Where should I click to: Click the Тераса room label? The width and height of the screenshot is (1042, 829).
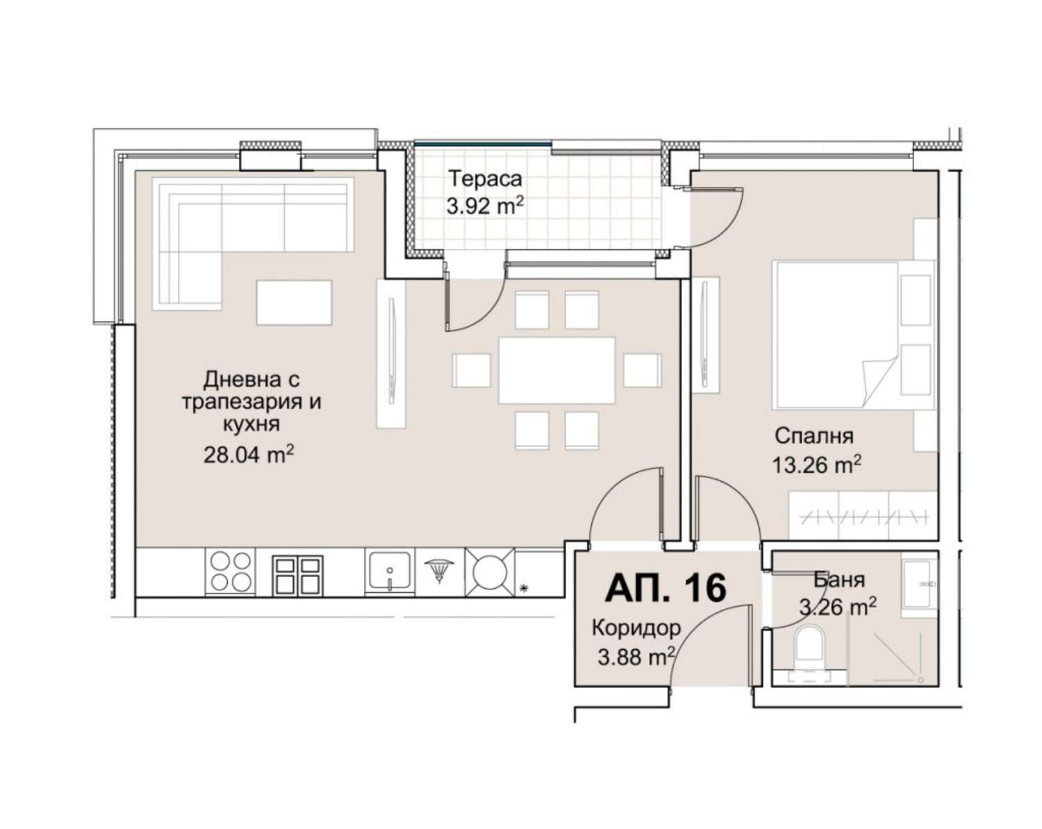pos(485,178)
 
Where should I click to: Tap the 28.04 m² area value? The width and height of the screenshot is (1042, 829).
pos(249,455)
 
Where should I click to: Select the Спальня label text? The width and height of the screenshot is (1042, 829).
pos(814,436)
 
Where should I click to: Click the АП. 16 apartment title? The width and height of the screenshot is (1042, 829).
pos(666,587)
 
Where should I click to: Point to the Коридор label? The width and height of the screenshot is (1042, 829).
pos(636,628)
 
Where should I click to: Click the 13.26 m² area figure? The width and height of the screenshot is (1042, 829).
pos(816,465)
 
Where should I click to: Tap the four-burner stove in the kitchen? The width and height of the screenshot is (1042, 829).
pos(231,571)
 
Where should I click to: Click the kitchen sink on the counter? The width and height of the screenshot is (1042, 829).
pos(390,571)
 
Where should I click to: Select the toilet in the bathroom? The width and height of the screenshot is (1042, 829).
pos(810,650)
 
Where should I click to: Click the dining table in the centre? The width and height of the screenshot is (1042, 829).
pos(557,370)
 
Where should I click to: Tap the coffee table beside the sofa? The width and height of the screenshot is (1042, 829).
pos(294,303)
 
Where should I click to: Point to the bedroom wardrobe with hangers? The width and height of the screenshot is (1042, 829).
pos(863,515)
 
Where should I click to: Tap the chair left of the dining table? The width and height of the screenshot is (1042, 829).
pos(471,370)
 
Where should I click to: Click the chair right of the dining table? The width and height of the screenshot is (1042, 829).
pos(642,370)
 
